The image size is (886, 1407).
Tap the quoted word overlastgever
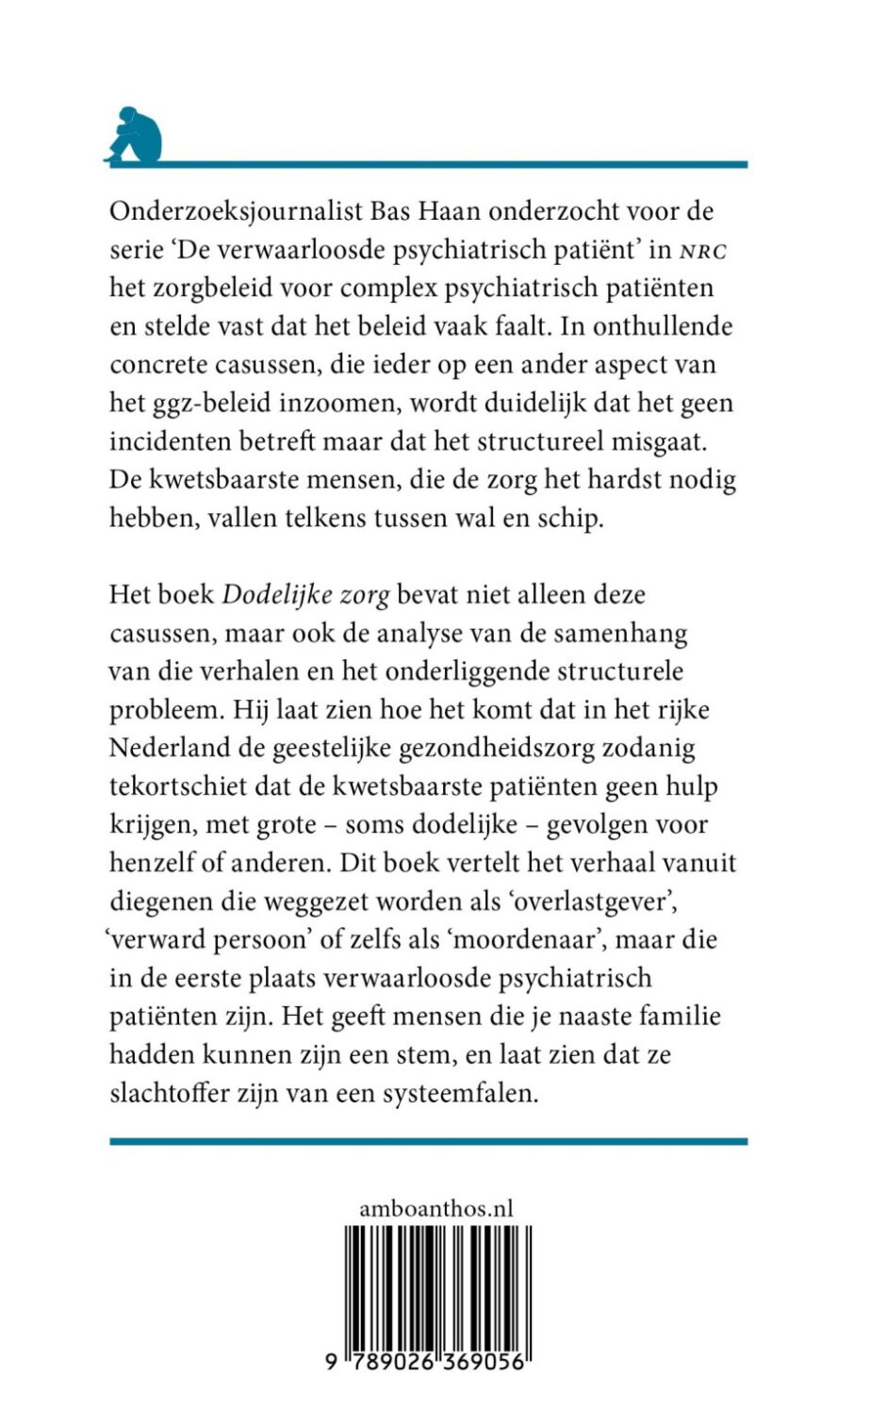click(x=604, y=902)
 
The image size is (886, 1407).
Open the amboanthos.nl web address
click(x=435, y=1208)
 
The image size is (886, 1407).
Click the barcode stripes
click(x=435, y=1283)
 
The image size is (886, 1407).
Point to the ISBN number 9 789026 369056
click(x=435, y=1363)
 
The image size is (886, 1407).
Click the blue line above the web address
click(x=428, y=1142)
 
